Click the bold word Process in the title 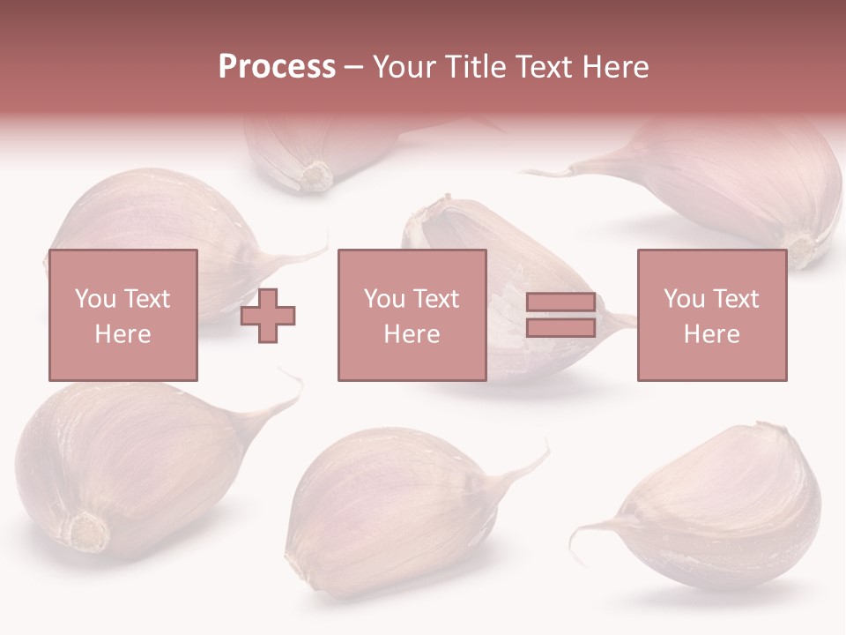277,67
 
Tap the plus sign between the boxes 269,315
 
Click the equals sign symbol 560,315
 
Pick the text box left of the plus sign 123,315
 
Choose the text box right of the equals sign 711,315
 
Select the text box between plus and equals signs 412,315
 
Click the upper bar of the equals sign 560,303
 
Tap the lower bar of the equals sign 560,327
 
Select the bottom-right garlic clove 731,512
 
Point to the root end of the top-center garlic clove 315,176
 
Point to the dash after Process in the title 354,67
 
